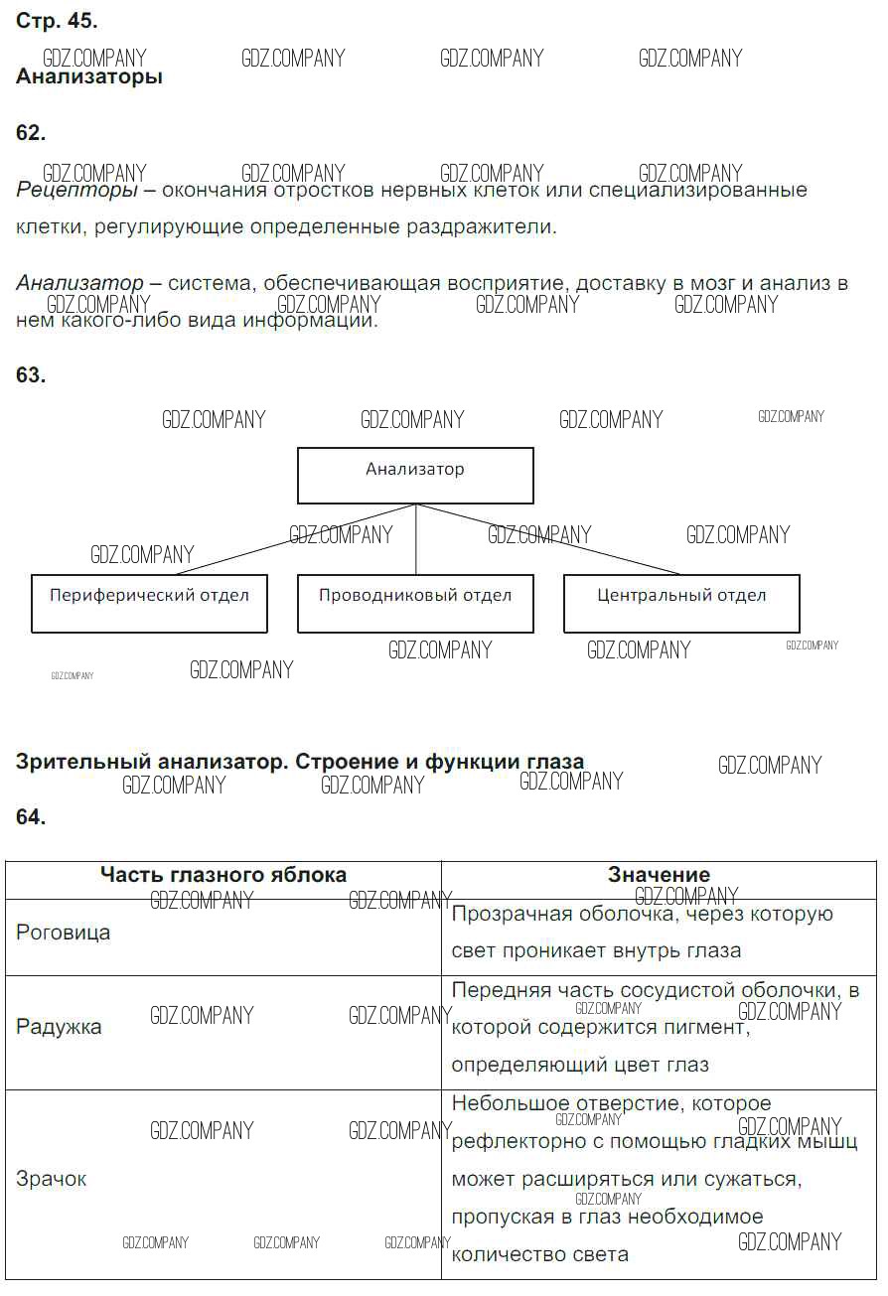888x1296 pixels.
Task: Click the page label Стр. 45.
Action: (57, 21)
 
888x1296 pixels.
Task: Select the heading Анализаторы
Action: (89, 76)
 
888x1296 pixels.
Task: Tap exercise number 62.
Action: (31, 133)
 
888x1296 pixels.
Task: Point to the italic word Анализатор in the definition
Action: (79, 284)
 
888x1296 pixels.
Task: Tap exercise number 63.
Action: (31, 375)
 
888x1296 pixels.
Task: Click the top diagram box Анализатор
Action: (415, 476)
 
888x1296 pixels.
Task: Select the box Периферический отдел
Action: (149, 603)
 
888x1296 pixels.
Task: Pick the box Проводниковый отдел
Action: (415, 603)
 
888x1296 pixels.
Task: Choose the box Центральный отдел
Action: (681, 603)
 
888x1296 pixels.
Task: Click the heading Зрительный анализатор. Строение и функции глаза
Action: (300, 762)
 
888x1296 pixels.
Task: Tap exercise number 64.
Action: (31, 817)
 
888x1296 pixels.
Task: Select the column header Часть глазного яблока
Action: (223, 875)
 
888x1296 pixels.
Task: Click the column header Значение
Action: (659, 875)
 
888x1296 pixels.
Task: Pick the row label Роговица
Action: (64, 933)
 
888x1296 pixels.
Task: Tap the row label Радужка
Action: (59, 1027)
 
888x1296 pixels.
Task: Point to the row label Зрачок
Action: (52, 1179)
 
